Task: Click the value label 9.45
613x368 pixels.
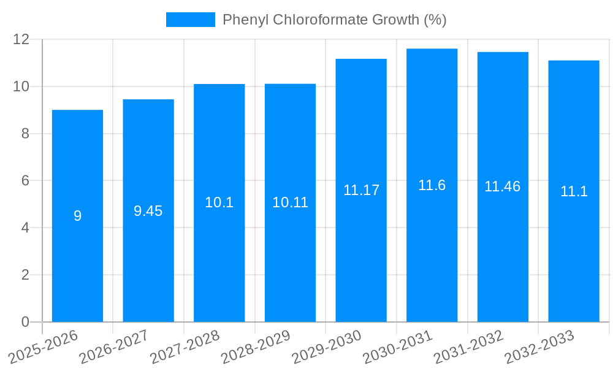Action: [x=148, y=211]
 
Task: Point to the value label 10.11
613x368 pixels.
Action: [x=290, y=202]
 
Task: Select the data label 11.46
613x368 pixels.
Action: [x=502, y=187]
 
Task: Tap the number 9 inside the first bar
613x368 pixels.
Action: [x=77, y=216]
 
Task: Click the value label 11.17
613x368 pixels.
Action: [x=361, y=190]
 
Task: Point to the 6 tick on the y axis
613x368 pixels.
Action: [x=25, y=180]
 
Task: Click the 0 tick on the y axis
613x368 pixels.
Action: [x=25, y=322]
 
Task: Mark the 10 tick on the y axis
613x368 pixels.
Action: [x=21, y=86]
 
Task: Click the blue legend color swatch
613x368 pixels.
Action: [x=190, y=20]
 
